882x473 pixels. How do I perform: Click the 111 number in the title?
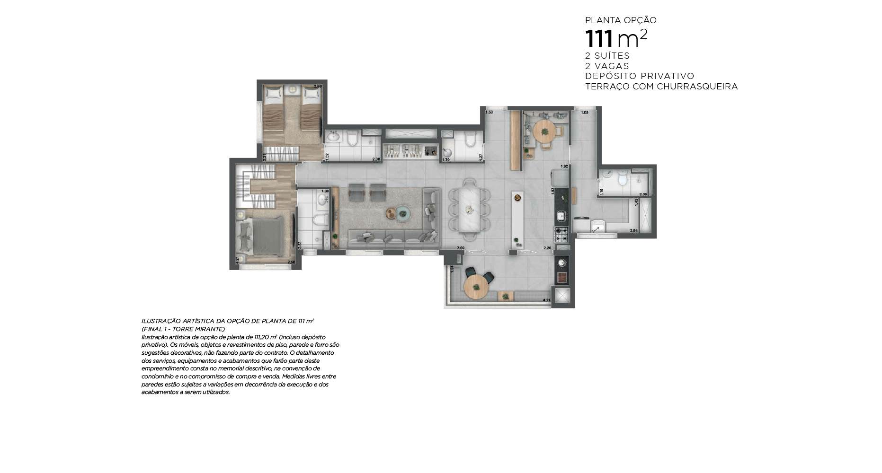599,39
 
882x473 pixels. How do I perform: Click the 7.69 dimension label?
460,248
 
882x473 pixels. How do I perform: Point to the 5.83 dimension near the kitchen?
552,191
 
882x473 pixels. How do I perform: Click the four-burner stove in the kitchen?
562,234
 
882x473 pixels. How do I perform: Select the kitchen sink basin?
561,216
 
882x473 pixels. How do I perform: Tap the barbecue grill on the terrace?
562,277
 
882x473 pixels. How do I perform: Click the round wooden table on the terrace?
476,287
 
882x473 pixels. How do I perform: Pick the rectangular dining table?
470,208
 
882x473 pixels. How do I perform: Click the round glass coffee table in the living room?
403,214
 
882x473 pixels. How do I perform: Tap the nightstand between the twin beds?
292,89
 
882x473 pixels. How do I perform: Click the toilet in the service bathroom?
623,180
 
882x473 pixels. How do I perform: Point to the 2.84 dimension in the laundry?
633,230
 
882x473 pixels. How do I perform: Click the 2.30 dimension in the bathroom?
376,159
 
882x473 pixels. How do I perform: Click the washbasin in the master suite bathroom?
322,199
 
